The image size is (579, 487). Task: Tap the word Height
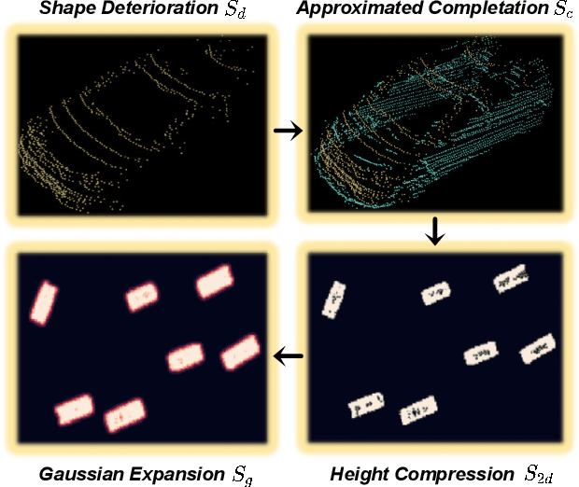point(360,473)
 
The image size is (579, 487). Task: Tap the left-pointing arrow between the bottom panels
point(289,355)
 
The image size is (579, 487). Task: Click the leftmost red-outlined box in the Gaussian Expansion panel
point(43,301)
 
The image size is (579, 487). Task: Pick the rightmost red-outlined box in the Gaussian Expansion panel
point(239,352)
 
